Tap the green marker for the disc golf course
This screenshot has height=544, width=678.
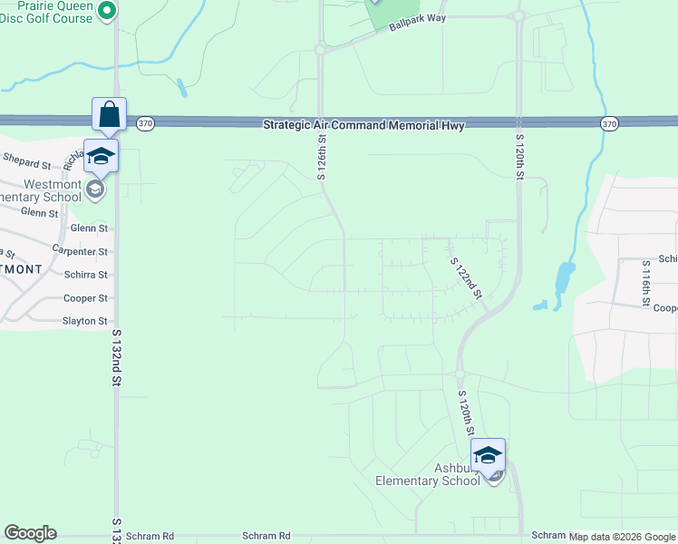[x=107, y=11]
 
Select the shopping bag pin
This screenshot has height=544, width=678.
[x=109, y=115]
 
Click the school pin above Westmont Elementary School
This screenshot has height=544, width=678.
[x=101, y=156]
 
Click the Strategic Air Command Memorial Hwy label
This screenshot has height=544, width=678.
[x=363, y=125]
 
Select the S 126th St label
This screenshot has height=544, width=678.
[x=322, y=157]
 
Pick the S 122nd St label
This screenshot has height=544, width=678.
[x=466, y=277]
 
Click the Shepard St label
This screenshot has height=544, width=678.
[x=27, y=163]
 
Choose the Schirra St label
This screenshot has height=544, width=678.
[x=86, y=275]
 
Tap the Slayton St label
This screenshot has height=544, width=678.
[x=84, y=321]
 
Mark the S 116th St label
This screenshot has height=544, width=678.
[x=646, y=282]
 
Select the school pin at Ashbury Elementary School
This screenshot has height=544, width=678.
[x=488, y=455]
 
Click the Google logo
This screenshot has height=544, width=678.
[x=30, y=533]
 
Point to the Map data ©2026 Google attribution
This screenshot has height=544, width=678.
[x=623, y=537]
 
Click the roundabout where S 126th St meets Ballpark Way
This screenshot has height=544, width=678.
[x=320, y=51]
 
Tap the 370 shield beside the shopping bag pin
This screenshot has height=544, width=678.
[x=144, y=122]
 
